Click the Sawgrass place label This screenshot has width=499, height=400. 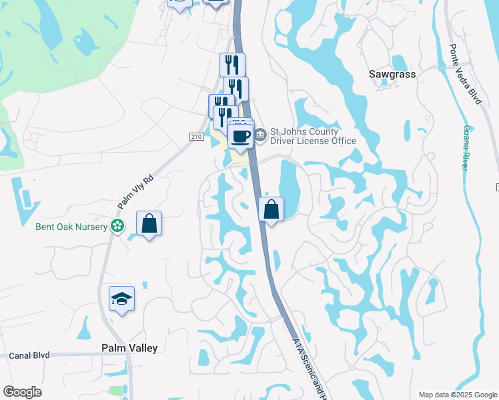392,74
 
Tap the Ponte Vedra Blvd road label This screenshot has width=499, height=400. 466,74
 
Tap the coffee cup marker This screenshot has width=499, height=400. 240,137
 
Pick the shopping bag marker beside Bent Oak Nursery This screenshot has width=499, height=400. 149,223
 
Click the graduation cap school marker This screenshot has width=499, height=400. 121,298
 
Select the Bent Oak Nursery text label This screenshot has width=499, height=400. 71,227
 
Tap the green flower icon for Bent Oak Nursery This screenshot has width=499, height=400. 117,227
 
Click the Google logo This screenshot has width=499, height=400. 22,392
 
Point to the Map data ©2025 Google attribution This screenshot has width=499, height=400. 457,395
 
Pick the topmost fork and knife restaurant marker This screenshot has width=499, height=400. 232,65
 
